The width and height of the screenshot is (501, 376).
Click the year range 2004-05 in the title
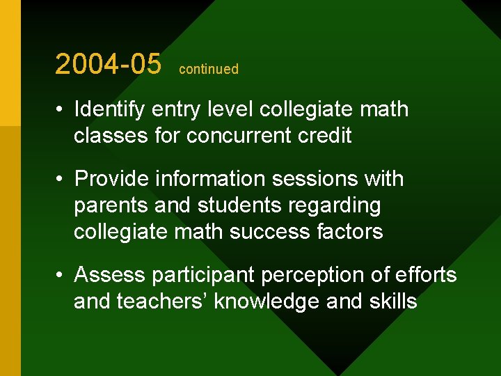pyautogui.click(x=108, y=64)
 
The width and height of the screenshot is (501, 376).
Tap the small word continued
pyautogui.click(x=209, y=69)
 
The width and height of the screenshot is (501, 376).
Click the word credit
pyautogui.click(x=326, y=135)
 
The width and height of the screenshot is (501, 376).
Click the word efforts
pyautogui.click(x=424, y=275)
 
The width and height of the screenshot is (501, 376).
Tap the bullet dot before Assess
pyautogui.click(x=62, y=276)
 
